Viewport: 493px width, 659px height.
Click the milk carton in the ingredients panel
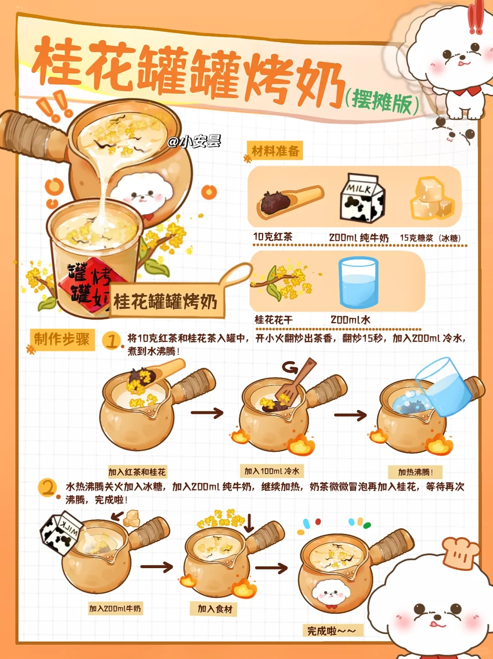point(362,198)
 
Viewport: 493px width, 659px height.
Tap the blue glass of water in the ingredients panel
point(358,283)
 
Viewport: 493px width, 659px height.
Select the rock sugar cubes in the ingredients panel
point(432,198)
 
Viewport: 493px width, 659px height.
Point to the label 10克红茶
point(273,237)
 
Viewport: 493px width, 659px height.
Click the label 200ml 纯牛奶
point(359,238)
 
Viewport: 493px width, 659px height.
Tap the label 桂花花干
point(273,320)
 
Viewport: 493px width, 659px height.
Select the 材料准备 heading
point(275,151)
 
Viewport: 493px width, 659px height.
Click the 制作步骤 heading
point(62,340)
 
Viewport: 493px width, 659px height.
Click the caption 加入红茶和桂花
point(137,472)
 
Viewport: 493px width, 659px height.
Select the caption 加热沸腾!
point(415,472)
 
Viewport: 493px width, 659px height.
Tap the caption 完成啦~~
point(331,631)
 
